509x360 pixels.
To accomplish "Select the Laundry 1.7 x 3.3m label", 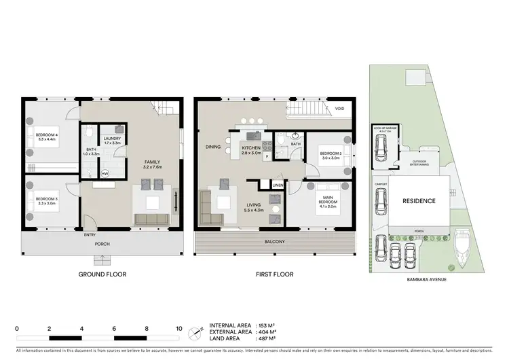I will (x=113, y=141).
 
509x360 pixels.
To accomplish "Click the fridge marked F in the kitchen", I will (x=267, y=156).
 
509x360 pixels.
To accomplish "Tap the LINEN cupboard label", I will (x=277, y=185).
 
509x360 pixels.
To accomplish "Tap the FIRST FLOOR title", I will (x=275, y=274).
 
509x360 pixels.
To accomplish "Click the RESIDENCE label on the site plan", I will (x=419, y=201).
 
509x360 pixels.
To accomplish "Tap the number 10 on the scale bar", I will (x=179, y=327).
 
